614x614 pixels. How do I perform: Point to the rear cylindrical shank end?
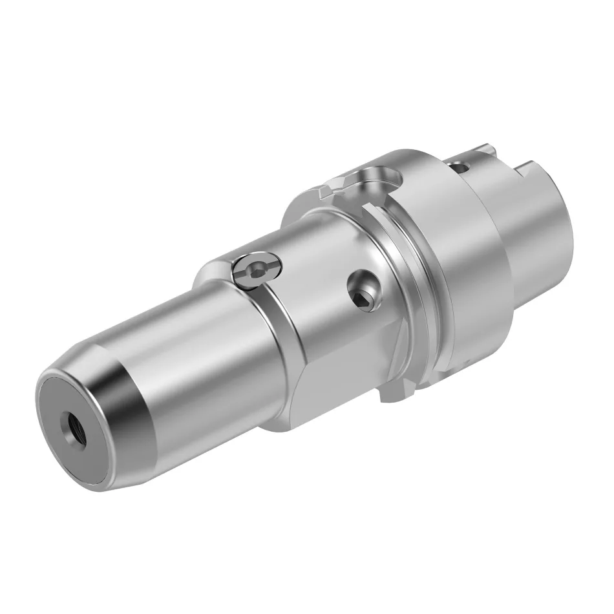pyautogui.click(x=549, y=246)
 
